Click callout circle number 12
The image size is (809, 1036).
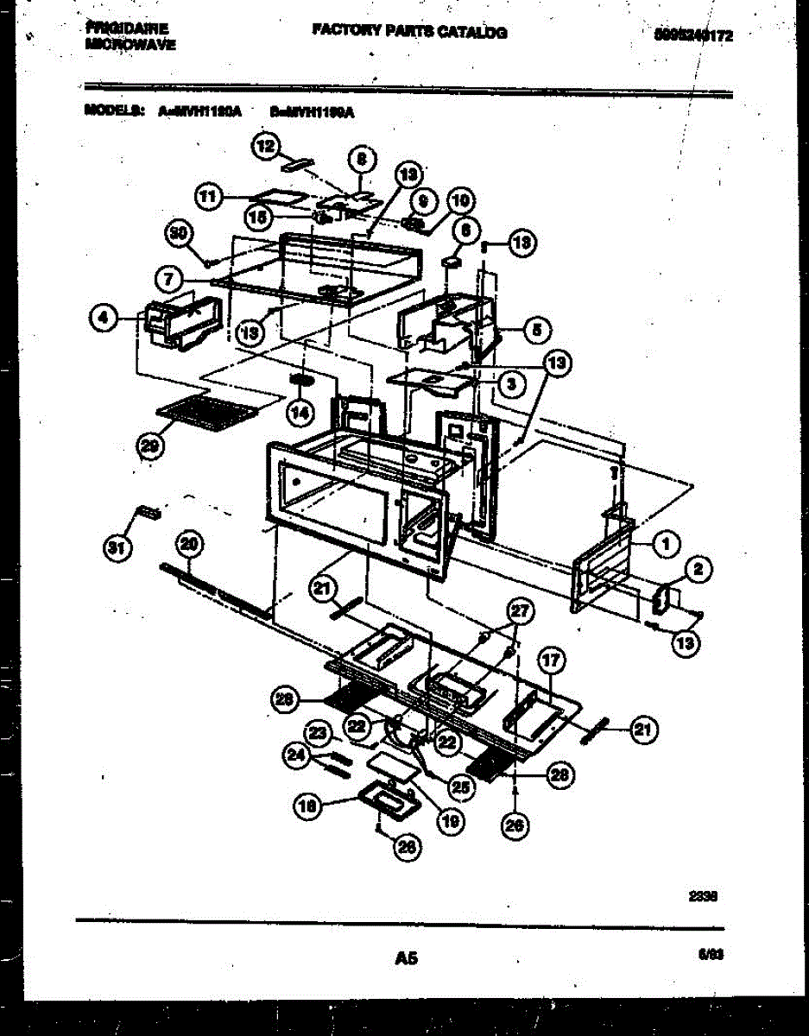pos(267,146)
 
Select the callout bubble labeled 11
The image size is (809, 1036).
pos(207,197)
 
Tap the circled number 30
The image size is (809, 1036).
pos(178,233)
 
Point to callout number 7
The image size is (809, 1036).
pos(170,279)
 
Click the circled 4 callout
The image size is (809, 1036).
pos(104,319)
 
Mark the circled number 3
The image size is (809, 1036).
pos(512,384)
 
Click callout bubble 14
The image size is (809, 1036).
pos(299,413)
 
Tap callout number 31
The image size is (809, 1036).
pos(112,546)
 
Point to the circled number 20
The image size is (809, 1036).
pos(188,544)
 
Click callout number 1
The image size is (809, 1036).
pos(665,543)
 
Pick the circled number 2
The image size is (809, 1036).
pos(698,568)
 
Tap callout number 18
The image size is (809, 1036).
pos(307,806)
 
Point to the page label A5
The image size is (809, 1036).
pos(406,957)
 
